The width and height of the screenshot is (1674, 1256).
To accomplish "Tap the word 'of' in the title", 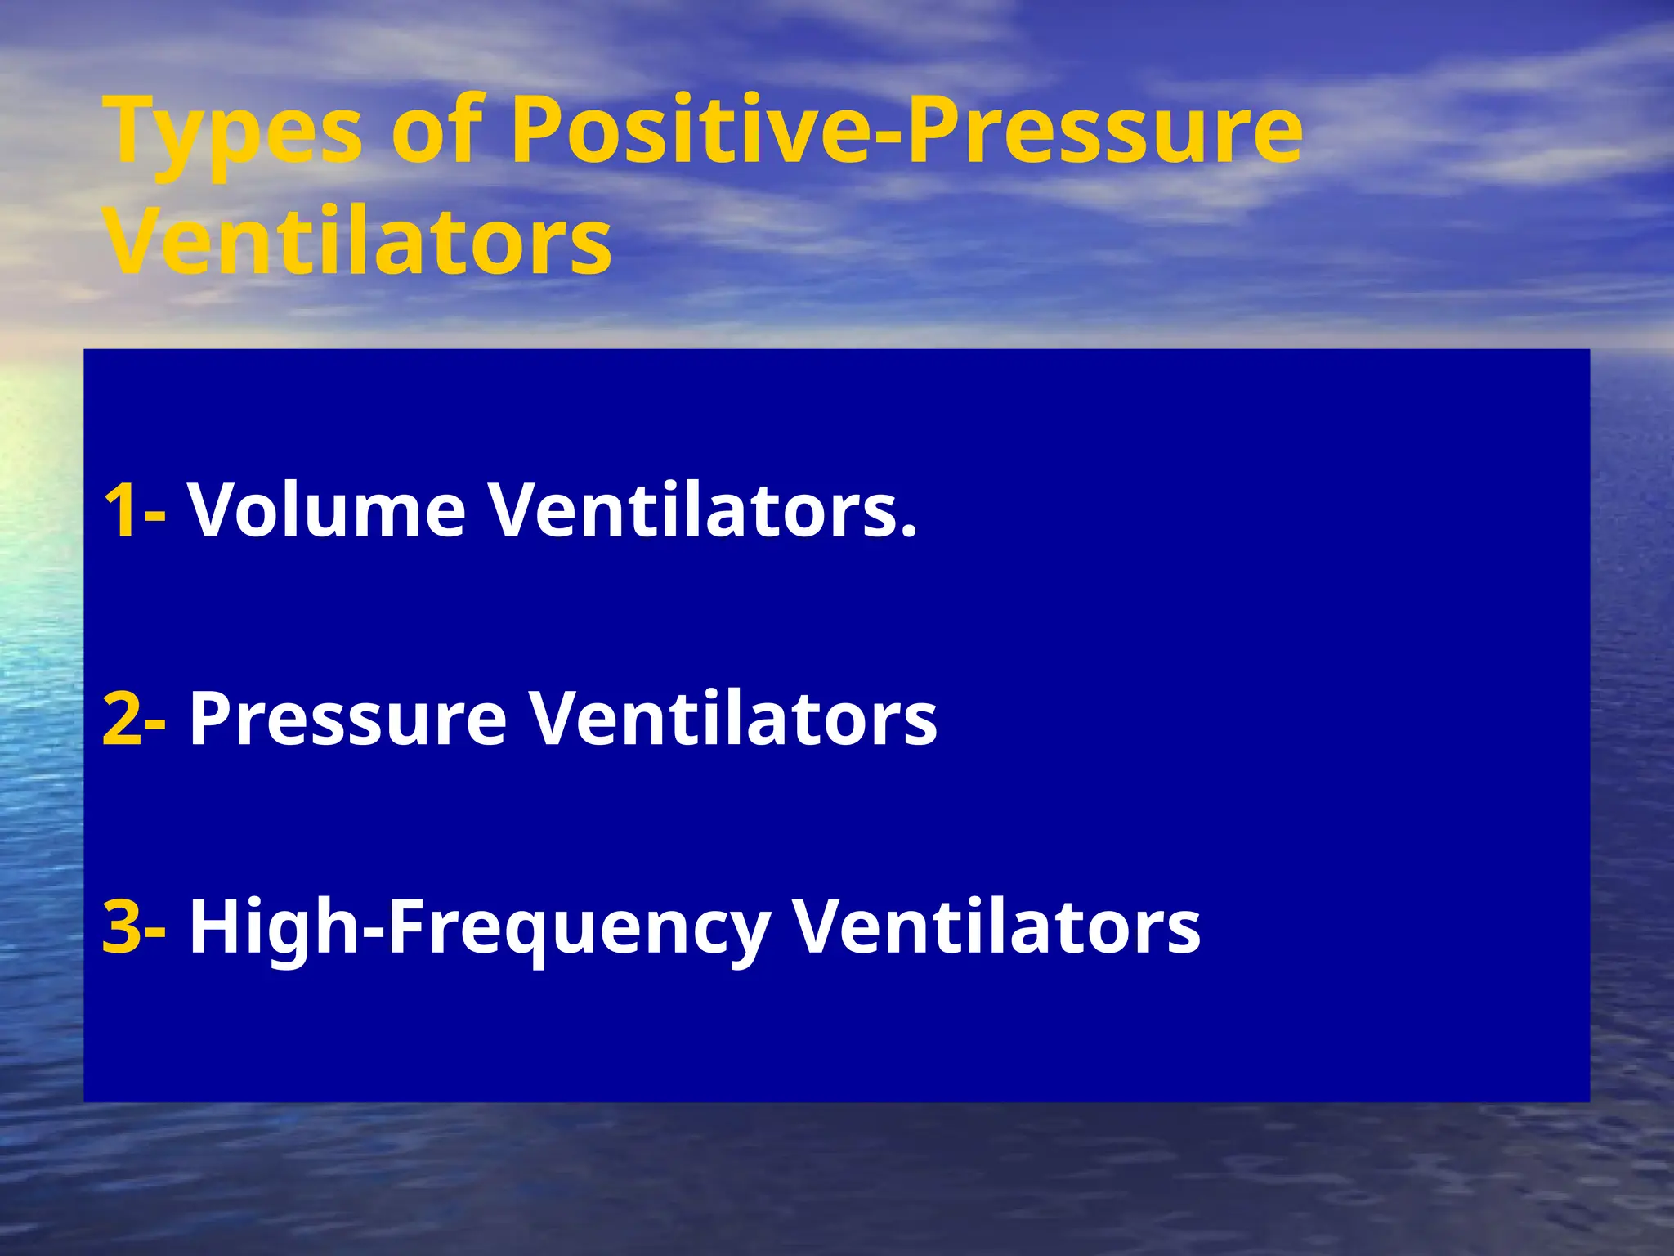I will [x=437, y=131].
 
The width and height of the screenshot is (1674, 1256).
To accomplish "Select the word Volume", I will [x=327, y=510].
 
